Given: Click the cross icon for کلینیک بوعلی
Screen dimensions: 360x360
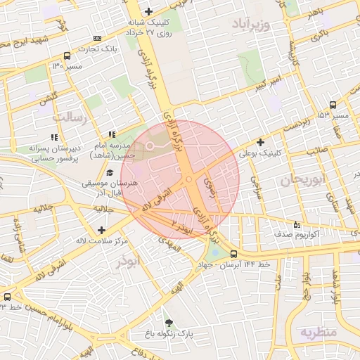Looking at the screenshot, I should [260, 142].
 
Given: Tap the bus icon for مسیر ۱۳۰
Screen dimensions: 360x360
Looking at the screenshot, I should [67, 56].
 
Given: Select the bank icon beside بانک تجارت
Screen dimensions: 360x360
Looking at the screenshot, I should [97, 38].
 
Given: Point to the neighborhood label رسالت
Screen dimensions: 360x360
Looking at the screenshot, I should [72, 117].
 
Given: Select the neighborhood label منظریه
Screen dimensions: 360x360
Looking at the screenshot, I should [318, 331].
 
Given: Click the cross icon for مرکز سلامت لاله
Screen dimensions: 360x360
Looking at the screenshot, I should [103, 230].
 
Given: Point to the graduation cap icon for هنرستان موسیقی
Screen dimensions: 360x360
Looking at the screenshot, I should [109, 172].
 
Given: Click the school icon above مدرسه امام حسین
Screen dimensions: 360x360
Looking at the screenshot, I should [111, 134].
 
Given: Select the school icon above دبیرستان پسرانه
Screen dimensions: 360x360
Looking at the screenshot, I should [54, 138].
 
